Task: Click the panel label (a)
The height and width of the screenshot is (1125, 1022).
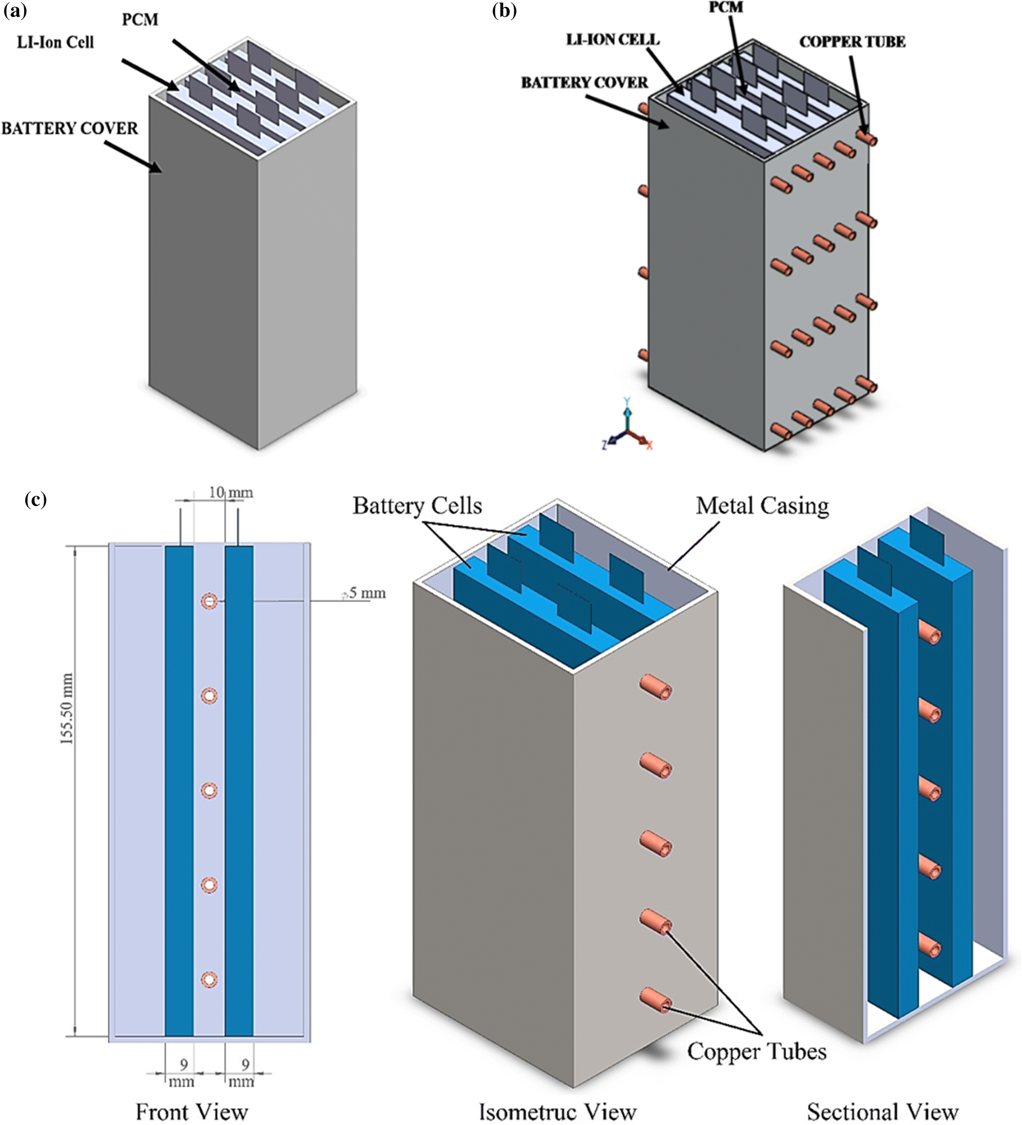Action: pyautogui.click(x=15, y=11)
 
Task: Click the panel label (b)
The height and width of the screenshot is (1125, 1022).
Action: pyautogui.click(x=504, y=11)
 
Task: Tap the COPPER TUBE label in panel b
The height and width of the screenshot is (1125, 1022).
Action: pyautogui.click(x=852, y=42)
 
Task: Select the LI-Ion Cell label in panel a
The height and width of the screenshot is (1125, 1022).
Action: pyautogui.click(x=55, y=42)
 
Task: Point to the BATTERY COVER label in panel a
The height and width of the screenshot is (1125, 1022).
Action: pyautogui.click(x=69, y=128)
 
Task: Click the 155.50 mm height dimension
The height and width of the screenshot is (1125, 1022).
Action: pyautogui.click(x=67, y=709)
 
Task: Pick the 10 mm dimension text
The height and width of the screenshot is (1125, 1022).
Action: pyautogui.click(x=230, y=493)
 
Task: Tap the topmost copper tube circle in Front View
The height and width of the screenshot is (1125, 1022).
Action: pyautogui.click(x=209, y=602)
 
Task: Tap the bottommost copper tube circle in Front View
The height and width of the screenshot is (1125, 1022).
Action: pyautogui.click(x=209, y=980)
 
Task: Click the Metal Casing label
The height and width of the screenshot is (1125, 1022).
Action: pyautogui.click(x=761, y=506)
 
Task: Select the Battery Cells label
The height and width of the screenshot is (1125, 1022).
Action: pyautogui.click(x=416, y=506)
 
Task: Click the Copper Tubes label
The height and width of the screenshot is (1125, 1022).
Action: pyautogui.click(x=756, y=1052)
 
